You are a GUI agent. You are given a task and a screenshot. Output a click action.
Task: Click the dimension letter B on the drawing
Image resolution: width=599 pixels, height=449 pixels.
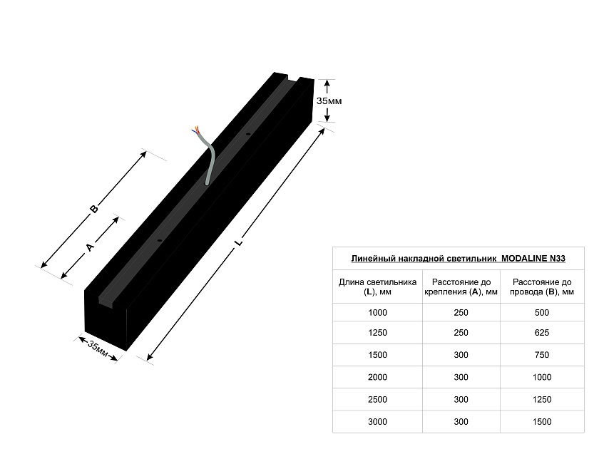pyautogui.click(x=93, y=209)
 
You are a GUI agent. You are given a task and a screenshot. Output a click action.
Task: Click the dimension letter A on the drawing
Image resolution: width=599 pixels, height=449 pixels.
pyautogui.click(x=90, y=247)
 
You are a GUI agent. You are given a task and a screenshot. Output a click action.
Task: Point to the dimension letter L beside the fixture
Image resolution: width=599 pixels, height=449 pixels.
pyautogui.click(x=239, y=242)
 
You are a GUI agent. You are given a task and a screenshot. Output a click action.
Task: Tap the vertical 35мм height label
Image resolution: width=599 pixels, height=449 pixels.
pyautogui.click(x=329, y=101)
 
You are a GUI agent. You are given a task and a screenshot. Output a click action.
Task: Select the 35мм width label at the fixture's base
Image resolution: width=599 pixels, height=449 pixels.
pyautogui.click(x=98, y=349)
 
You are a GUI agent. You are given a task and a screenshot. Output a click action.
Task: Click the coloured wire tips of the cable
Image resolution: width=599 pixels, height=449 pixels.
pyautogui.click(x=195, y=130)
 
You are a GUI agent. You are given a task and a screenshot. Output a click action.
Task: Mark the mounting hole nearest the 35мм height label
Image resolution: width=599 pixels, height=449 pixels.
pyautogui.click(x=248, y=135)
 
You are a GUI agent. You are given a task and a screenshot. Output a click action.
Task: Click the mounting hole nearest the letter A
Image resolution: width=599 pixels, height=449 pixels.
pyautogui.click(x=160, y=241)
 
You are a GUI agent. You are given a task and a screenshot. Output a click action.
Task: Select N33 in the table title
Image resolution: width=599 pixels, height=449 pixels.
pyautogui.click(x=558, y=259)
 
